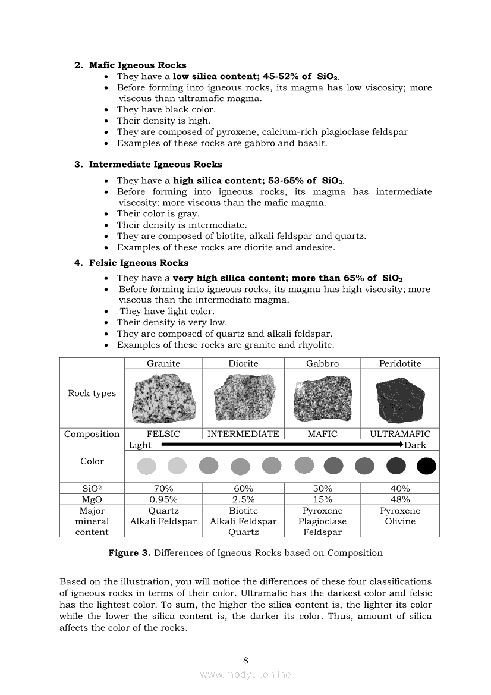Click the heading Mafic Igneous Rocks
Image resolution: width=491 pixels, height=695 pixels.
137,65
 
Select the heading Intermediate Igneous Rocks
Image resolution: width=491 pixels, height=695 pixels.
155,165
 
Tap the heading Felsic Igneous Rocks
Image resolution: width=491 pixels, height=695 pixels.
139,263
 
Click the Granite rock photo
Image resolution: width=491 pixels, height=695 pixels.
163,398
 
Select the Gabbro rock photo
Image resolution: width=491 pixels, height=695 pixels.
322,398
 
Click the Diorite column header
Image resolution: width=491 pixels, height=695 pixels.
243,363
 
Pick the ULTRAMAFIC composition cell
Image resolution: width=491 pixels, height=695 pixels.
400,434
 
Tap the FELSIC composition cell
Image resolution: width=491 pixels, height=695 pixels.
163,434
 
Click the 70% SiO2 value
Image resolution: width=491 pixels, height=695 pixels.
163,489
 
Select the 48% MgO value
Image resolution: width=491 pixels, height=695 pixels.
400,499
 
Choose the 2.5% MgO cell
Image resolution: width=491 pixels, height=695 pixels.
243,499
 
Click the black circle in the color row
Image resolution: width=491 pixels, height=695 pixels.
426,466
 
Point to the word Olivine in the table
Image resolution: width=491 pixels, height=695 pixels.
400,521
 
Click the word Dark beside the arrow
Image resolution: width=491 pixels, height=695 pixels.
416,445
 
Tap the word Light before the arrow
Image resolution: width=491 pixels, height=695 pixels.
140,445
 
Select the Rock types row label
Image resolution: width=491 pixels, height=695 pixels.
92,394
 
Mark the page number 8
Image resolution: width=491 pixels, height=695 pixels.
245,660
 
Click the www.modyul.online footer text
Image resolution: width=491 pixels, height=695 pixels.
245,674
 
